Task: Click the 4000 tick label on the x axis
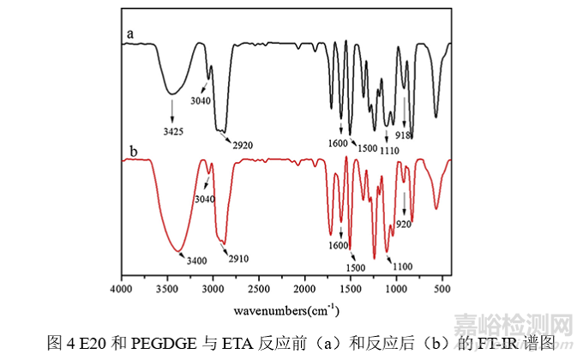pos(122,290)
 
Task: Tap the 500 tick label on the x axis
pos(443,290)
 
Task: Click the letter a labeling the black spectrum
pos(130,33)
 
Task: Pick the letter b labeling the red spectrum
pos(133,152)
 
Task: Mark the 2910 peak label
pos(237,255)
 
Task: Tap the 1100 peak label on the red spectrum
pos(404,266)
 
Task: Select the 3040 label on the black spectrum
pos(201,99)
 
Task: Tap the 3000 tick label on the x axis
pos(213,290)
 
